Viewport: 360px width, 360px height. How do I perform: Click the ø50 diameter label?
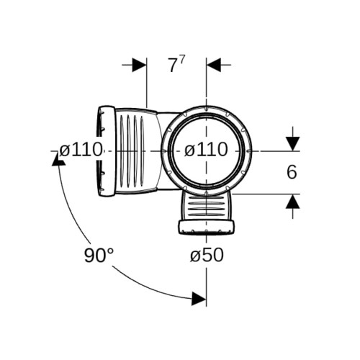[207, 255]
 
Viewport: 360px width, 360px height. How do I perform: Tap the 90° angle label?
[99, 256]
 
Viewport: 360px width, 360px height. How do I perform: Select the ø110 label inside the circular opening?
[206, 150]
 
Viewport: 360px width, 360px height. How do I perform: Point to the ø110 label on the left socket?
[81, 150]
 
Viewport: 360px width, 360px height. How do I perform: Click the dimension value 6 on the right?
[292, 172]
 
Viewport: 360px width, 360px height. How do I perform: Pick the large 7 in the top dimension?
[172, 66]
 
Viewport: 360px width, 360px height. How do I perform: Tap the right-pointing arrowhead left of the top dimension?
[139, 65]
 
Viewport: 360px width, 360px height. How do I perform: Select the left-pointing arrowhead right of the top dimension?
[213, 65]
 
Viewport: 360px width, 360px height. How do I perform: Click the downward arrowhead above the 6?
[292, 144]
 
